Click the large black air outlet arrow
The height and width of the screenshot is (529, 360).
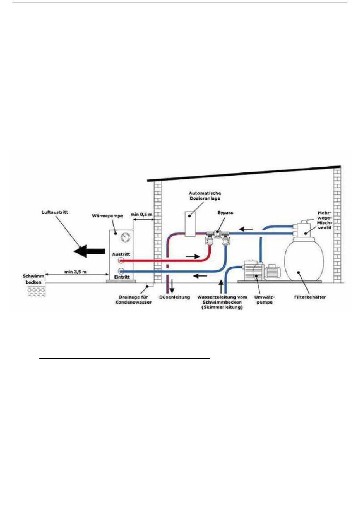tap(89, 251)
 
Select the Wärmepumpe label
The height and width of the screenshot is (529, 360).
tap(108, 216)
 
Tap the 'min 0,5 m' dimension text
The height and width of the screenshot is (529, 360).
tap(142, 214)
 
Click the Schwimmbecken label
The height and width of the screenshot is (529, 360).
tap(33, 279)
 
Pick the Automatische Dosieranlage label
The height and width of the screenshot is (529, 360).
tap(205, 196)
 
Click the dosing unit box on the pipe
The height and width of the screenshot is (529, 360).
tap(191, 223)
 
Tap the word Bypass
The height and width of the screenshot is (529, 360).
tap(225, 213)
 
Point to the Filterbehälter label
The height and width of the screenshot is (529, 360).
tap(310, 297)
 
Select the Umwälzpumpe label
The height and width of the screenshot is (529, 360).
tap(265, 300)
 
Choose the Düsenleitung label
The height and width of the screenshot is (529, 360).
tap(175, 297)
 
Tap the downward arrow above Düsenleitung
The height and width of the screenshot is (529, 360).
tap(172, 286)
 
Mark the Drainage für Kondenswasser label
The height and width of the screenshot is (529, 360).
tap(133, 300)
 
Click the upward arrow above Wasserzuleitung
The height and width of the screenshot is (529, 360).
tap(221, 286)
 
